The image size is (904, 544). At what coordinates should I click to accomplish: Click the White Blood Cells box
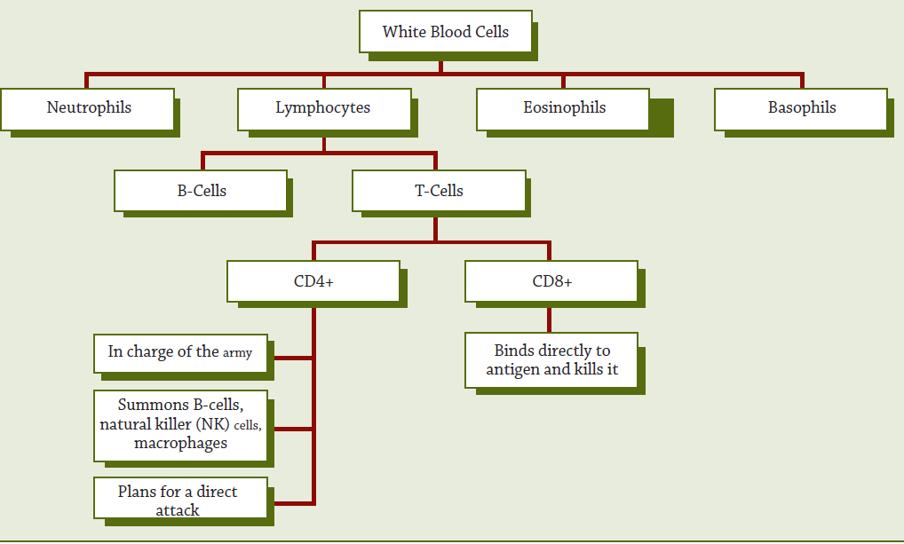(x=446, y=32)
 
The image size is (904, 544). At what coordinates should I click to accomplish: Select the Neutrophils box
(x=88, y=109)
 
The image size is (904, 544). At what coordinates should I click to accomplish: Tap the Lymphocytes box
(x=325, y=109)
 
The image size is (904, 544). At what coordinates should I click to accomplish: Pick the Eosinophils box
(x=563, y=109)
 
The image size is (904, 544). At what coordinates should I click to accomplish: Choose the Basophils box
(x=801, y=109)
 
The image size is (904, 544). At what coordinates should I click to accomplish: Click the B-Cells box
(x=201, y=191)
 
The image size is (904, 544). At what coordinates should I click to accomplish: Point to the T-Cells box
(x=440, y=191)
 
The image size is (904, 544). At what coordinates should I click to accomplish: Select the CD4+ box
(x=313, y=281)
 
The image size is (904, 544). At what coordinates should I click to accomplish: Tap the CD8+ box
(x=551, y=281)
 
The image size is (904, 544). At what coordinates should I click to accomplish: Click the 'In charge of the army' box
(x=180, y=353)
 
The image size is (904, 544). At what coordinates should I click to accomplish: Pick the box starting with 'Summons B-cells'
(x=180, y=426)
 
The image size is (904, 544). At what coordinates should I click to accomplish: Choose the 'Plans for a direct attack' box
(x=180, y=498)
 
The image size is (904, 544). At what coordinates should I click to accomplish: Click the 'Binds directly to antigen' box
(x=551, y=360)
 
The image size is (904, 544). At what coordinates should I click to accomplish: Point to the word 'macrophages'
(x=180, y=444)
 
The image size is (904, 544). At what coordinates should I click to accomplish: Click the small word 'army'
(x=237, y=352)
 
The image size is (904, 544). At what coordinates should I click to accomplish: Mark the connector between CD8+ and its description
(x=549, y=319)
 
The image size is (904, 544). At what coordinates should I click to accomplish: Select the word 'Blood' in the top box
(x=450, y=32)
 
